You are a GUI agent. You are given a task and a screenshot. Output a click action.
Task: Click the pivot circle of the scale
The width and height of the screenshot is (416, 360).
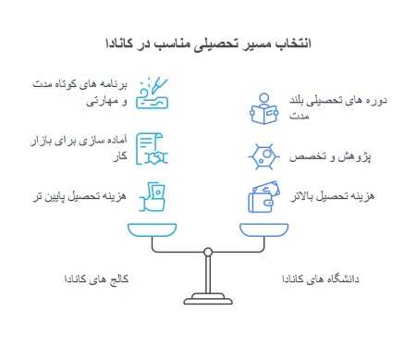pyautogui.click(x=208, y=251)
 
